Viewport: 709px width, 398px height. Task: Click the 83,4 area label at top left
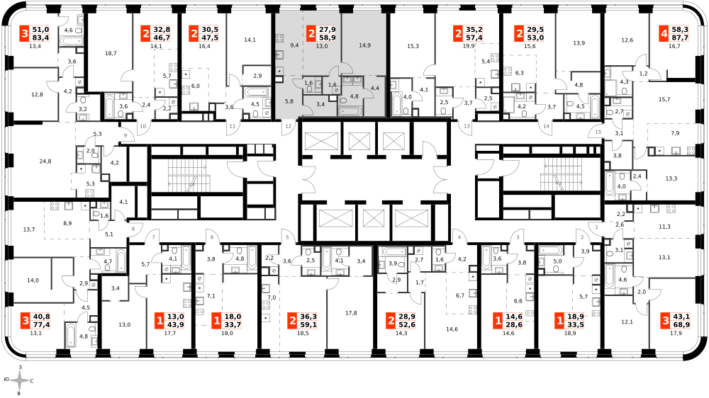(40, 38)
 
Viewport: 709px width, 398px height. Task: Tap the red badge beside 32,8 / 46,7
(145, 34)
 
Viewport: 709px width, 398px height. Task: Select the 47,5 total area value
(210, 38)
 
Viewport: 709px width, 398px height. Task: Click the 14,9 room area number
(364, 45)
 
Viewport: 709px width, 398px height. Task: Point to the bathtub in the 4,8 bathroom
(350, 111)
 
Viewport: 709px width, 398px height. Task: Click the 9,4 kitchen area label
(294, 45)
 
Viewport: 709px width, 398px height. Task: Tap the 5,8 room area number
(289, 101)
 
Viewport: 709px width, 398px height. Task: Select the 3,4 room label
(320, 104)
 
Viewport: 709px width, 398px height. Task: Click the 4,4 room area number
(375, 89)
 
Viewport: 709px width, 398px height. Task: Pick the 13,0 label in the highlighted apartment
(322, 46)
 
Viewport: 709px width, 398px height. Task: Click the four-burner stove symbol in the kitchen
(279, 38)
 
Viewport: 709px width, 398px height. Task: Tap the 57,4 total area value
(474, 38)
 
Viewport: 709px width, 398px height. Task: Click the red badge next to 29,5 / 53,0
(519, 34)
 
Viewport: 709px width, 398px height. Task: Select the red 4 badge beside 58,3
(664, 34)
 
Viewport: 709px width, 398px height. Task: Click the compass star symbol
(19, 380)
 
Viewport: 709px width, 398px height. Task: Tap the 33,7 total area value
(233, 325)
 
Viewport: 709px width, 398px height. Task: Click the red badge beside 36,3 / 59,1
(292, 321)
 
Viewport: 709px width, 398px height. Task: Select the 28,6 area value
(513, 325)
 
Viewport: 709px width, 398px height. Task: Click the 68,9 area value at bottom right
(681, 325)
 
